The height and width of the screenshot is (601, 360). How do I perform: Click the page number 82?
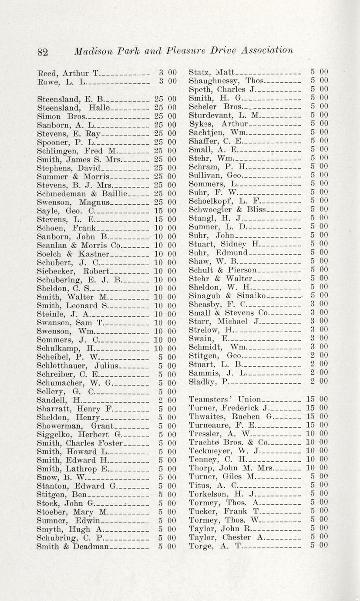42,52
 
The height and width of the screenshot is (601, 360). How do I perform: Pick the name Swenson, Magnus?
73,202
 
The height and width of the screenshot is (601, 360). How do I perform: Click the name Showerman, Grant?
75,426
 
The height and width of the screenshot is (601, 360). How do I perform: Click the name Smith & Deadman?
72,546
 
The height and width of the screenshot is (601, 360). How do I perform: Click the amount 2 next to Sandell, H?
161,400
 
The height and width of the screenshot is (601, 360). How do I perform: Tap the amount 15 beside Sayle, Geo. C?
158,211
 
